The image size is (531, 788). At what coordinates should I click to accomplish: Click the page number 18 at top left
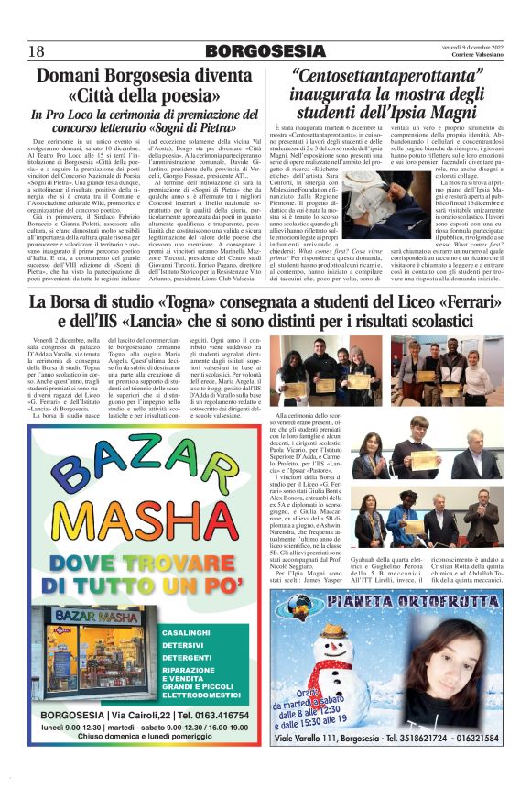[38, 50]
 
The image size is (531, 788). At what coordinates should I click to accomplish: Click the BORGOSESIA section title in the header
[265, 50]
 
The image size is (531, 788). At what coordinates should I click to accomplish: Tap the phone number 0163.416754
[221, 715]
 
